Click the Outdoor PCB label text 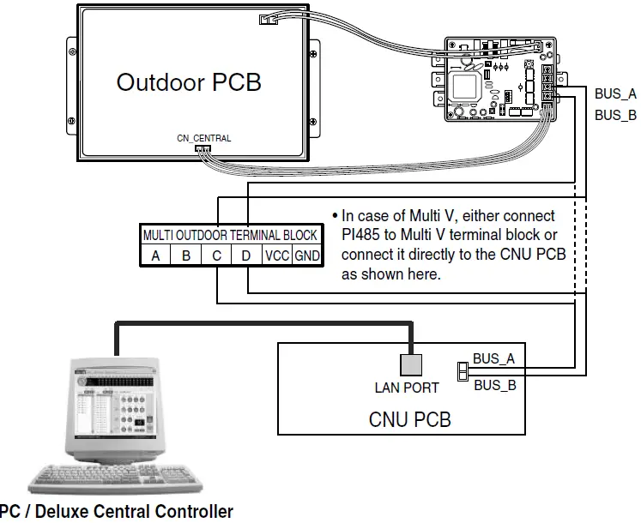tap(188, 82)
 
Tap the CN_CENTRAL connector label tap(203, 137)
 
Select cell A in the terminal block tap(155, 255)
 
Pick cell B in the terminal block tap(186, 255)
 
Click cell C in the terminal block tap(217, 255)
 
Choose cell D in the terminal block tap(247, 255)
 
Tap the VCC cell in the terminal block tap(277, 255)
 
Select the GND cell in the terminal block tap(305, 255)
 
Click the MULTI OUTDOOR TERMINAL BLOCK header tap(230, 235)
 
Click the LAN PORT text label tap(407, 388)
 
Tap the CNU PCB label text tap(409, 419)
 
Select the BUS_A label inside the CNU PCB tap(494, 358)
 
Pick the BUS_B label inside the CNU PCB tap(494, 385)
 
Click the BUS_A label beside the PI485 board tap(615, 93)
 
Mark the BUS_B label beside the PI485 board tap(615, 115)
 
